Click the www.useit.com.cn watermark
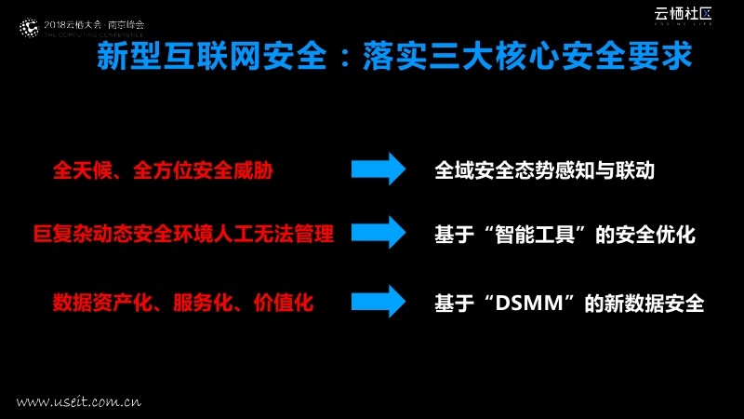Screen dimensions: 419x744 (x=79, y=402)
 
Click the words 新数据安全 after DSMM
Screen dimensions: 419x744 (x=658, y=304)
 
